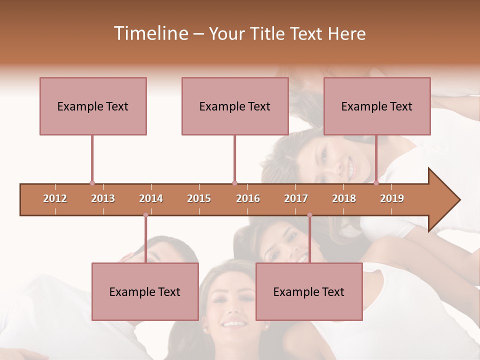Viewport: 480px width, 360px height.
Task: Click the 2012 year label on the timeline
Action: (55, 198)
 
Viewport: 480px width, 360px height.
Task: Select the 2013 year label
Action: (103, 198)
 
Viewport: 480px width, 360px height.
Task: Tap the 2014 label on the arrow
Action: (151, 198)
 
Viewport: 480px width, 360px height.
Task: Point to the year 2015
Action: (199, 198)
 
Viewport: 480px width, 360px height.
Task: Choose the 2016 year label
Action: (248, 198)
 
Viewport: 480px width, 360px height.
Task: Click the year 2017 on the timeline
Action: (296, 198)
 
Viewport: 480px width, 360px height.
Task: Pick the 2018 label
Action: (344, 198)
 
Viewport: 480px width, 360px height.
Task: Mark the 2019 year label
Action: (392, 198)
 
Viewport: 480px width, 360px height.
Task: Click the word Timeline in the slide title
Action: (150, 33)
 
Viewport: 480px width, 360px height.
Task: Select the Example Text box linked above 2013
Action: (93, 106)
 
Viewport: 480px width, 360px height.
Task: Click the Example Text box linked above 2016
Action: (235, 106)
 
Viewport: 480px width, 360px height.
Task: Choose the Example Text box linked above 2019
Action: (377, 106)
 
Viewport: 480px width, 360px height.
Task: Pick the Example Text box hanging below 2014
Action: (145, 291)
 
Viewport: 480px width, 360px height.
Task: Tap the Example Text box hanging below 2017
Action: (309, 291)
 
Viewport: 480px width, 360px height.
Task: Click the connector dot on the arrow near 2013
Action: (92, 183)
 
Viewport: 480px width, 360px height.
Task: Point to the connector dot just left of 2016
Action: (234, 183)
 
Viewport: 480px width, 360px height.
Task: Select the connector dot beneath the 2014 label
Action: (145, 215)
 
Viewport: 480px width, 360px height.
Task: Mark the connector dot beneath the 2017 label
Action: (309, 215)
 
